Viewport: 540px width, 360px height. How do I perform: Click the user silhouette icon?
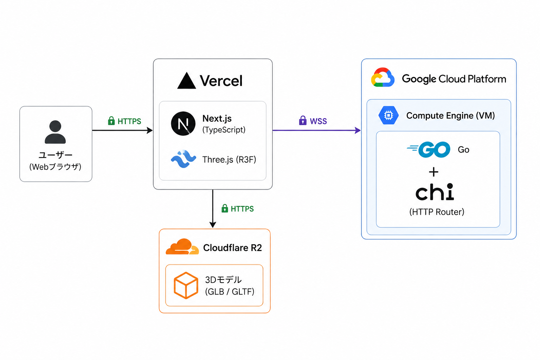55,132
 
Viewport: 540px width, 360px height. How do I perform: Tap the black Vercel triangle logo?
186,81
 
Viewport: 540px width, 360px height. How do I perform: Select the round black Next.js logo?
183,123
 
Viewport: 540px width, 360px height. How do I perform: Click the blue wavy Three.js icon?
184,159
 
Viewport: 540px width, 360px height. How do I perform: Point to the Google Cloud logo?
382,77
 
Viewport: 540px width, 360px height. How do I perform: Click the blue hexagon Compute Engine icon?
388,115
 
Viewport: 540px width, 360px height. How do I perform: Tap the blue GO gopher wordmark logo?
429,149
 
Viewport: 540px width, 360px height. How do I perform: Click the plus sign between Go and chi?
434,172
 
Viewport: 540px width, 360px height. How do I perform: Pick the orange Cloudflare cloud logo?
182,247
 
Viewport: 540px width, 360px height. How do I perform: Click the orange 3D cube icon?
186,285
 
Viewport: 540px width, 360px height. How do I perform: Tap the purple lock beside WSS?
303,120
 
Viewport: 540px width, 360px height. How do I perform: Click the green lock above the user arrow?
111,121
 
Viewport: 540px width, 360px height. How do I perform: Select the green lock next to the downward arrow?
225,208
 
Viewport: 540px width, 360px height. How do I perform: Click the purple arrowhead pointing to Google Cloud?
358,130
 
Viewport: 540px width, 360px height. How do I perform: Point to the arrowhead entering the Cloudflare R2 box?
213,225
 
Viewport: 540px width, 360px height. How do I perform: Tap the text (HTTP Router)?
437,212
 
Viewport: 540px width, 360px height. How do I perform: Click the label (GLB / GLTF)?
230,292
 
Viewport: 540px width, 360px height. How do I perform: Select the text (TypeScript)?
224,130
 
